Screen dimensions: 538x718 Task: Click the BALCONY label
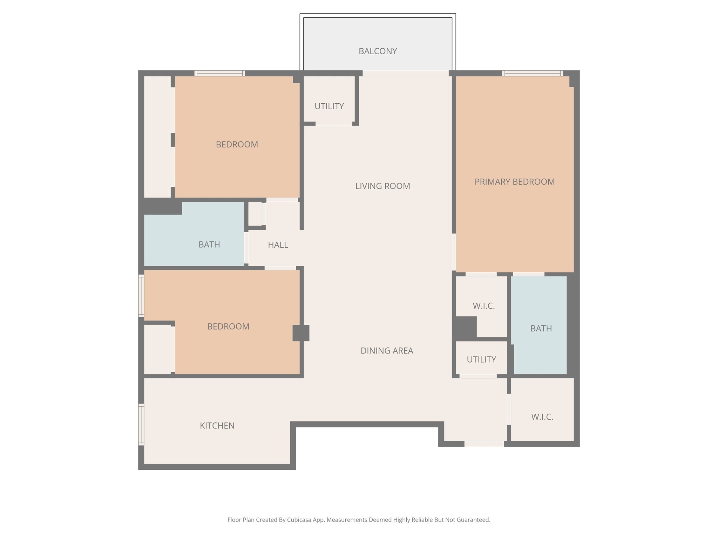(x=378, y=51)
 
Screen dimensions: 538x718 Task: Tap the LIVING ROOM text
(x=382, y=186)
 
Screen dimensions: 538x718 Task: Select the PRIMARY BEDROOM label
(x=514, y=182)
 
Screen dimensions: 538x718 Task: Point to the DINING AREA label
(x=387, y=351)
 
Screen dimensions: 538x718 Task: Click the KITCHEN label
(x=217, y=426)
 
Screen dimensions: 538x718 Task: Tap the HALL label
(x=278, y=245)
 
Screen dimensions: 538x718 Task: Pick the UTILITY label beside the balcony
(x=329, y=106)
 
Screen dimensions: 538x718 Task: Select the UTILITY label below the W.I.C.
(x=481, y=359)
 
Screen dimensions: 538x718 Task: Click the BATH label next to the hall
(x=209, y=244)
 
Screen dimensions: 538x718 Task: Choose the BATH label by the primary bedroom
(x=541, y=329)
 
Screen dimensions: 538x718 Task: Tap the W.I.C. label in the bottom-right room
(x=542, y=417)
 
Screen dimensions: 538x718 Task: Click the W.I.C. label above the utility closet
(x=483, y=306)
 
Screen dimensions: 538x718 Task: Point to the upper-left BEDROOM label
(x=237, y=144)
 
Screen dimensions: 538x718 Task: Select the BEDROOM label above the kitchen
(x=228, y=326)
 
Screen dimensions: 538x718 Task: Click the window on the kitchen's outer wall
(x=141, y=425)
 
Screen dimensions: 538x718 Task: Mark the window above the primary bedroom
(x=532, y=73)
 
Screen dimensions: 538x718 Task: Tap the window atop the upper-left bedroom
(x=219, y=73)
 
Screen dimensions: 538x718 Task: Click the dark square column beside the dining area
(x=301, y=333)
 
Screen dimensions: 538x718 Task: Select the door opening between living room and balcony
(x=405, y=73)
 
